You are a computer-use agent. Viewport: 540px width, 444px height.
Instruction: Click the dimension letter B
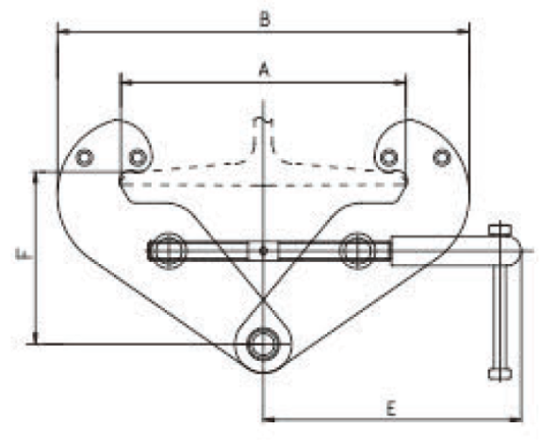(x=264, y=19)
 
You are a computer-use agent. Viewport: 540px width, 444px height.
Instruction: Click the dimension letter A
(x=264, y=70)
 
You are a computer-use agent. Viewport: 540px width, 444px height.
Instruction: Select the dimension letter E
(x=390, y=408)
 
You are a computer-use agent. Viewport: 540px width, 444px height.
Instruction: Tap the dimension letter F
(x=23, y=255)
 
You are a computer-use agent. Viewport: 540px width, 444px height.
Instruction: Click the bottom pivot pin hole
(x=264, y=344)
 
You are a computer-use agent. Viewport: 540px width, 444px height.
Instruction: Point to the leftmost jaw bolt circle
(x=85, y=158)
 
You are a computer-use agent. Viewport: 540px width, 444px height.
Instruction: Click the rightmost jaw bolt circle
(x=442, y=158)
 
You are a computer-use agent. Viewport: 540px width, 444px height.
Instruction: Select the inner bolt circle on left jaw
(x=138, y=158)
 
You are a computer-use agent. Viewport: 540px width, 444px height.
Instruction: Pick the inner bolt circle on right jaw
(x=389, y=158)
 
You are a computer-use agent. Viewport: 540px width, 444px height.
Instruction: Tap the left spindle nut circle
(x=169, y=251)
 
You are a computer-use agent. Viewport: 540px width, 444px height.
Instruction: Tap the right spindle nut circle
(x=357, y=251)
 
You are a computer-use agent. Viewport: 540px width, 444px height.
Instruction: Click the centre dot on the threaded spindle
(x=264, y=251)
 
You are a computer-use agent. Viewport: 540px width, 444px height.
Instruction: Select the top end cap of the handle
(x=499, y=229)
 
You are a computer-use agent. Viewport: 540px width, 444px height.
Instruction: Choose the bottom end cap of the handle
(x=499, y=374)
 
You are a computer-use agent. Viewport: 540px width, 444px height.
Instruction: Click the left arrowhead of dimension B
(x=64, y=32)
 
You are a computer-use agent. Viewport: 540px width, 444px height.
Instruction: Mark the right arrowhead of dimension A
(x=400, y=83)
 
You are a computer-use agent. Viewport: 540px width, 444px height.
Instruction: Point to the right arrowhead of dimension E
(x=515, y=419)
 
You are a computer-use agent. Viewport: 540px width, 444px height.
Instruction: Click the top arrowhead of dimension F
(x=36, y=178)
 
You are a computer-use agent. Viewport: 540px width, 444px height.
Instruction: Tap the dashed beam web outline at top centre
(x=264, y=136)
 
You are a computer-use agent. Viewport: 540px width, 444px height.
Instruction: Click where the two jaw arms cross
(x=264, y=298)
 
